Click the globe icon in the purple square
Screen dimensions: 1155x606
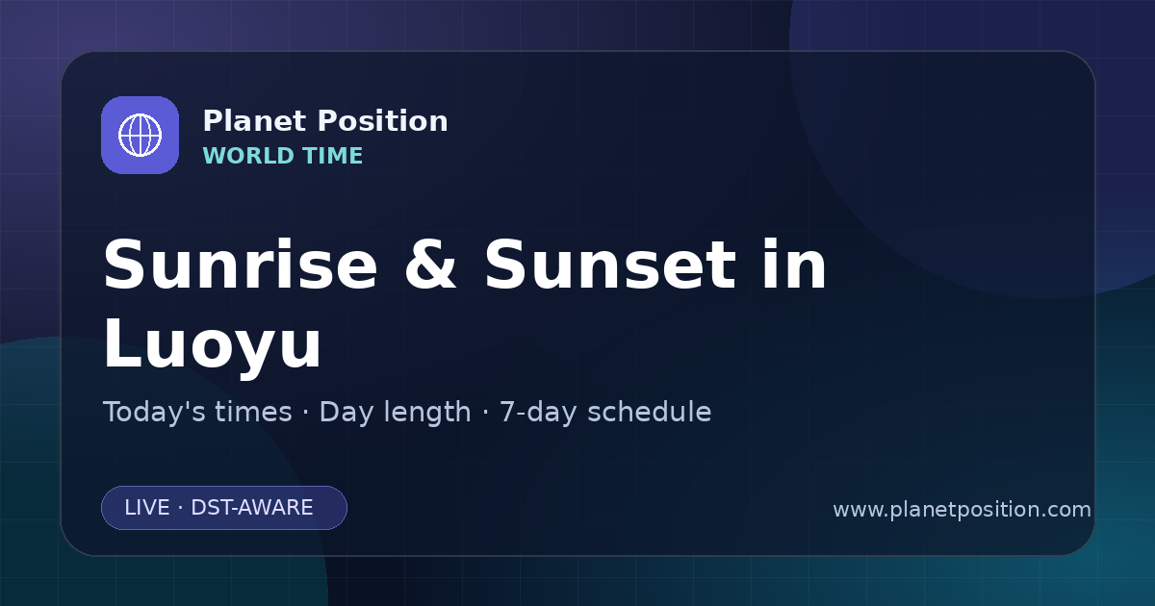140,135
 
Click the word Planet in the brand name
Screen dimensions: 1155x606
255,120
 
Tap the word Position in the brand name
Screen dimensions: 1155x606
383,120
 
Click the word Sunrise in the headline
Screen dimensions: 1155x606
241,265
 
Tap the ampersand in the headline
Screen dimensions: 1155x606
430,265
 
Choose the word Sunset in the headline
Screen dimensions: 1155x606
610,265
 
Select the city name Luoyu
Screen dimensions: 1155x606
213,343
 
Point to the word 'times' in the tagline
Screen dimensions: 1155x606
253,412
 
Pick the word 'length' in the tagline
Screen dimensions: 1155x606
427,414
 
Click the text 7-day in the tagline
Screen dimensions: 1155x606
538,414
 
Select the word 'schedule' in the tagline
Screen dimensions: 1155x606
650,412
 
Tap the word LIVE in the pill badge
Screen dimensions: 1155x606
147,508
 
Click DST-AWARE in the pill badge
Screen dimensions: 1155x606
251,508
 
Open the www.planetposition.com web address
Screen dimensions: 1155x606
962,510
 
